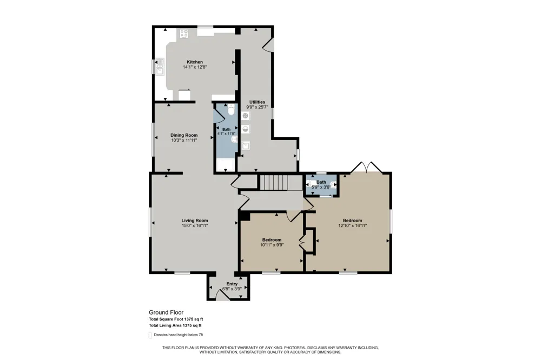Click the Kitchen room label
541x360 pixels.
tap(195, 62)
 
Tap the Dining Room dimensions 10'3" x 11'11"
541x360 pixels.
tap(184, 141)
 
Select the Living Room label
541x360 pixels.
tap(195, 221)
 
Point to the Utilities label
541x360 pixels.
tap(257, 102)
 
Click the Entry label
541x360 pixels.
tap(232, 284)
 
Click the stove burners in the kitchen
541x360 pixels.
tap(184, 34)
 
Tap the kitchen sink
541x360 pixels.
tap(160, 66)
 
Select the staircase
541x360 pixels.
tap(274, 182)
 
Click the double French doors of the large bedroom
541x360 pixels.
tap(366, 167)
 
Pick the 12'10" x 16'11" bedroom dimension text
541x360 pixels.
tap(352, 225)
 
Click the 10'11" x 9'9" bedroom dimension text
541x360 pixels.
tap(272, 245)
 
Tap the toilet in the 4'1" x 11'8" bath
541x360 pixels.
tap(231, 110)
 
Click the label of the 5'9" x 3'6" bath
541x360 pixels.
tap(321, 182)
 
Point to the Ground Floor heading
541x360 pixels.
tap(166, 312)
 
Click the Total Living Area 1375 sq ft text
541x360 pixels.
tap(175, 325)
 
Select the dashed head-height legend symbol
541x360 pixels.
tap(150, 335)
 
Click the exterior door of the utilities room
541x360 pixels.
tap(269, 45)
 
